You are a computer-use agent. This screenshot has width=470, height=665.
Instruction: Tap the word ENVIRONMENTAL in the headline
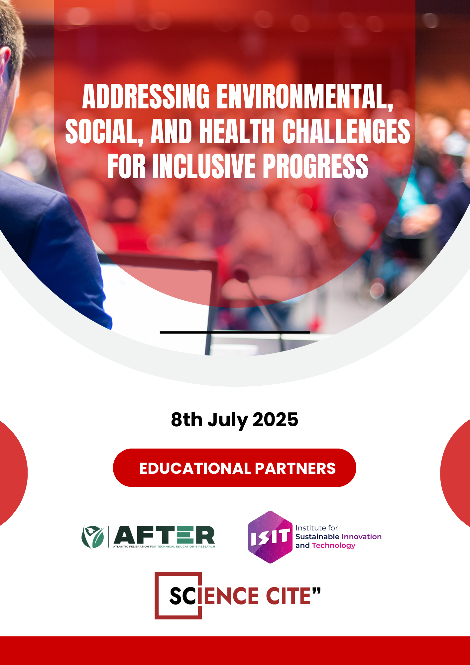305,97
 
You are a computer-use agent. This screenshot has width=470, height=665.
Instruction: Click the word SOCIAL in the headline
104,132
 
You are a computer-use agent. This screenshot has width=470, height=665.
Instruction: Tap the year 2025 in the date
276,419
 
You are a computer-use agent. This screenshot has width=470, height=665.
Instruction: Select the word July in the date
228,421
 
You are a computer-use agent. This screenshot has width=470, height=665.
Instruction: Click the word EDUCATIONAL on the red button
195,468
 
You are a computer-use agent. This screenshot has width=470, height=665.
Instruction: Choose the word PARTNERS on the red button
295,468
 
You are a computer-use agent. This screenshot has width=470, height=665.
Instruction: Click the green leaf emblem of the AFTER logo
93,537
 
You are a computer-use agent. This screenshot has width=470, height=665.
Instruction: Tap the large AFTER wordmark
164,535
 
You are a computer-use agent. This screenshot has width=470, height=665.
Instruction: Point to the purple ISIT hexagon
270,537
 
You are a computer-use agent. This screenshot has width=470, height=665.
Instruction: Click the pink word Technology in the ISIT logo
334,546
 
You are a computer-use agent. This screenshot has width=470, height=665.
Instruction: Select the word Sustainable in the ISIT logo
317,537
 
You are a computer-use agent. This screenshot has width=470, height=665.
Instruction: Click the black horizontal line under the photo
235,332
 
